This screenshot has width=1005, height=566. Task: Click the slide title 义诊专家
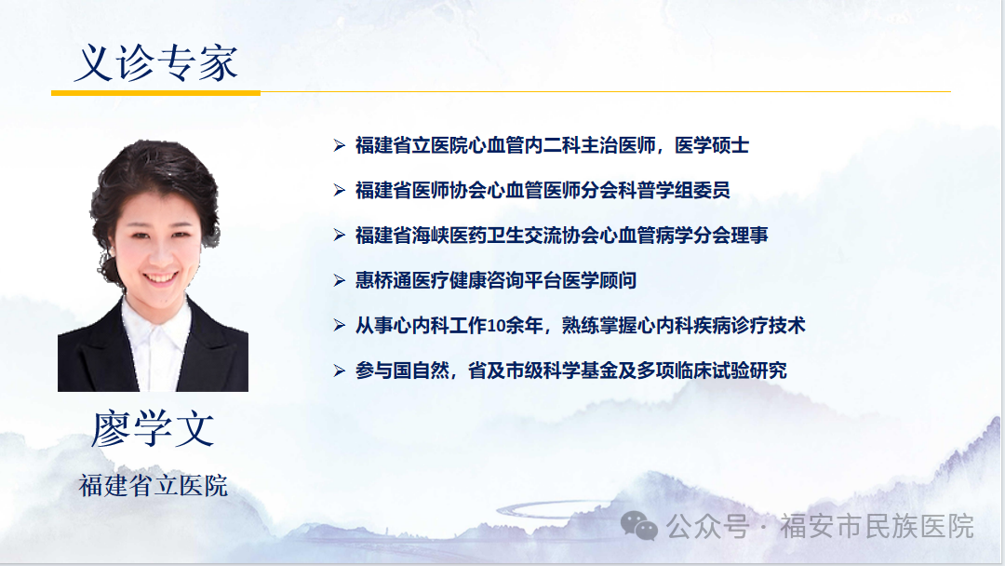[x=155, y=62]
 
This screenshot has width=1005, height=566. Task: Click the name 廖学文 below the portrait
[x=154, y=429]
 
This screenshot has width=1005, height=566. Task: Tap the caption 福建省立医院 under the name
[x=154, y=485]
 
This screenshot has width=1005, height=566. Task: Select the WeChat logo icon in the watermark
[x=639, y=526]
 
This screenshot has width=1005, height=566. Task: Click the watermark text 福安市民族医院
[x=877, y=526]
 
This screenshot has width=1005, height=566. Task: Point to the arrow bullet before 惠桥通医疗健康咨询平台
[x=339, y=280]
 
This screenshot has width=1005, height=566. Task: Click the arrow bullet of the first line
[x=339, y=145]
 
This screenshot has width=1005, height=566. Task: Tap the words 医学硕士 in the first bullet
[x=712, y=145]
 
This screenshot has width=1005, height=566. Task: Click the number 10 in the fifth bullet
[x=497, y=326]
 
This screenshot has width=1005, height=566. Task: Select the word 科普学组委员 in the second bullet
[x=674, y=191]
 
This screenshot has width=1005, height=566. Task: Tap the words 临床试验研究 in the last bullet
[x=730, y=371]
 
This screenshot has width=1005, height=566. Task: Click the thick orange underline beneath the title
[x=155, y=93]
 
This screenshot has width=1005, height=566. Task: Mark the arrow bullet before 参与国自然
[x=339, y=371]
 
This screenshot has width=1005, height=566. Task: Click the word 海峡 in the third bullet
[x=431, y=236]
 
